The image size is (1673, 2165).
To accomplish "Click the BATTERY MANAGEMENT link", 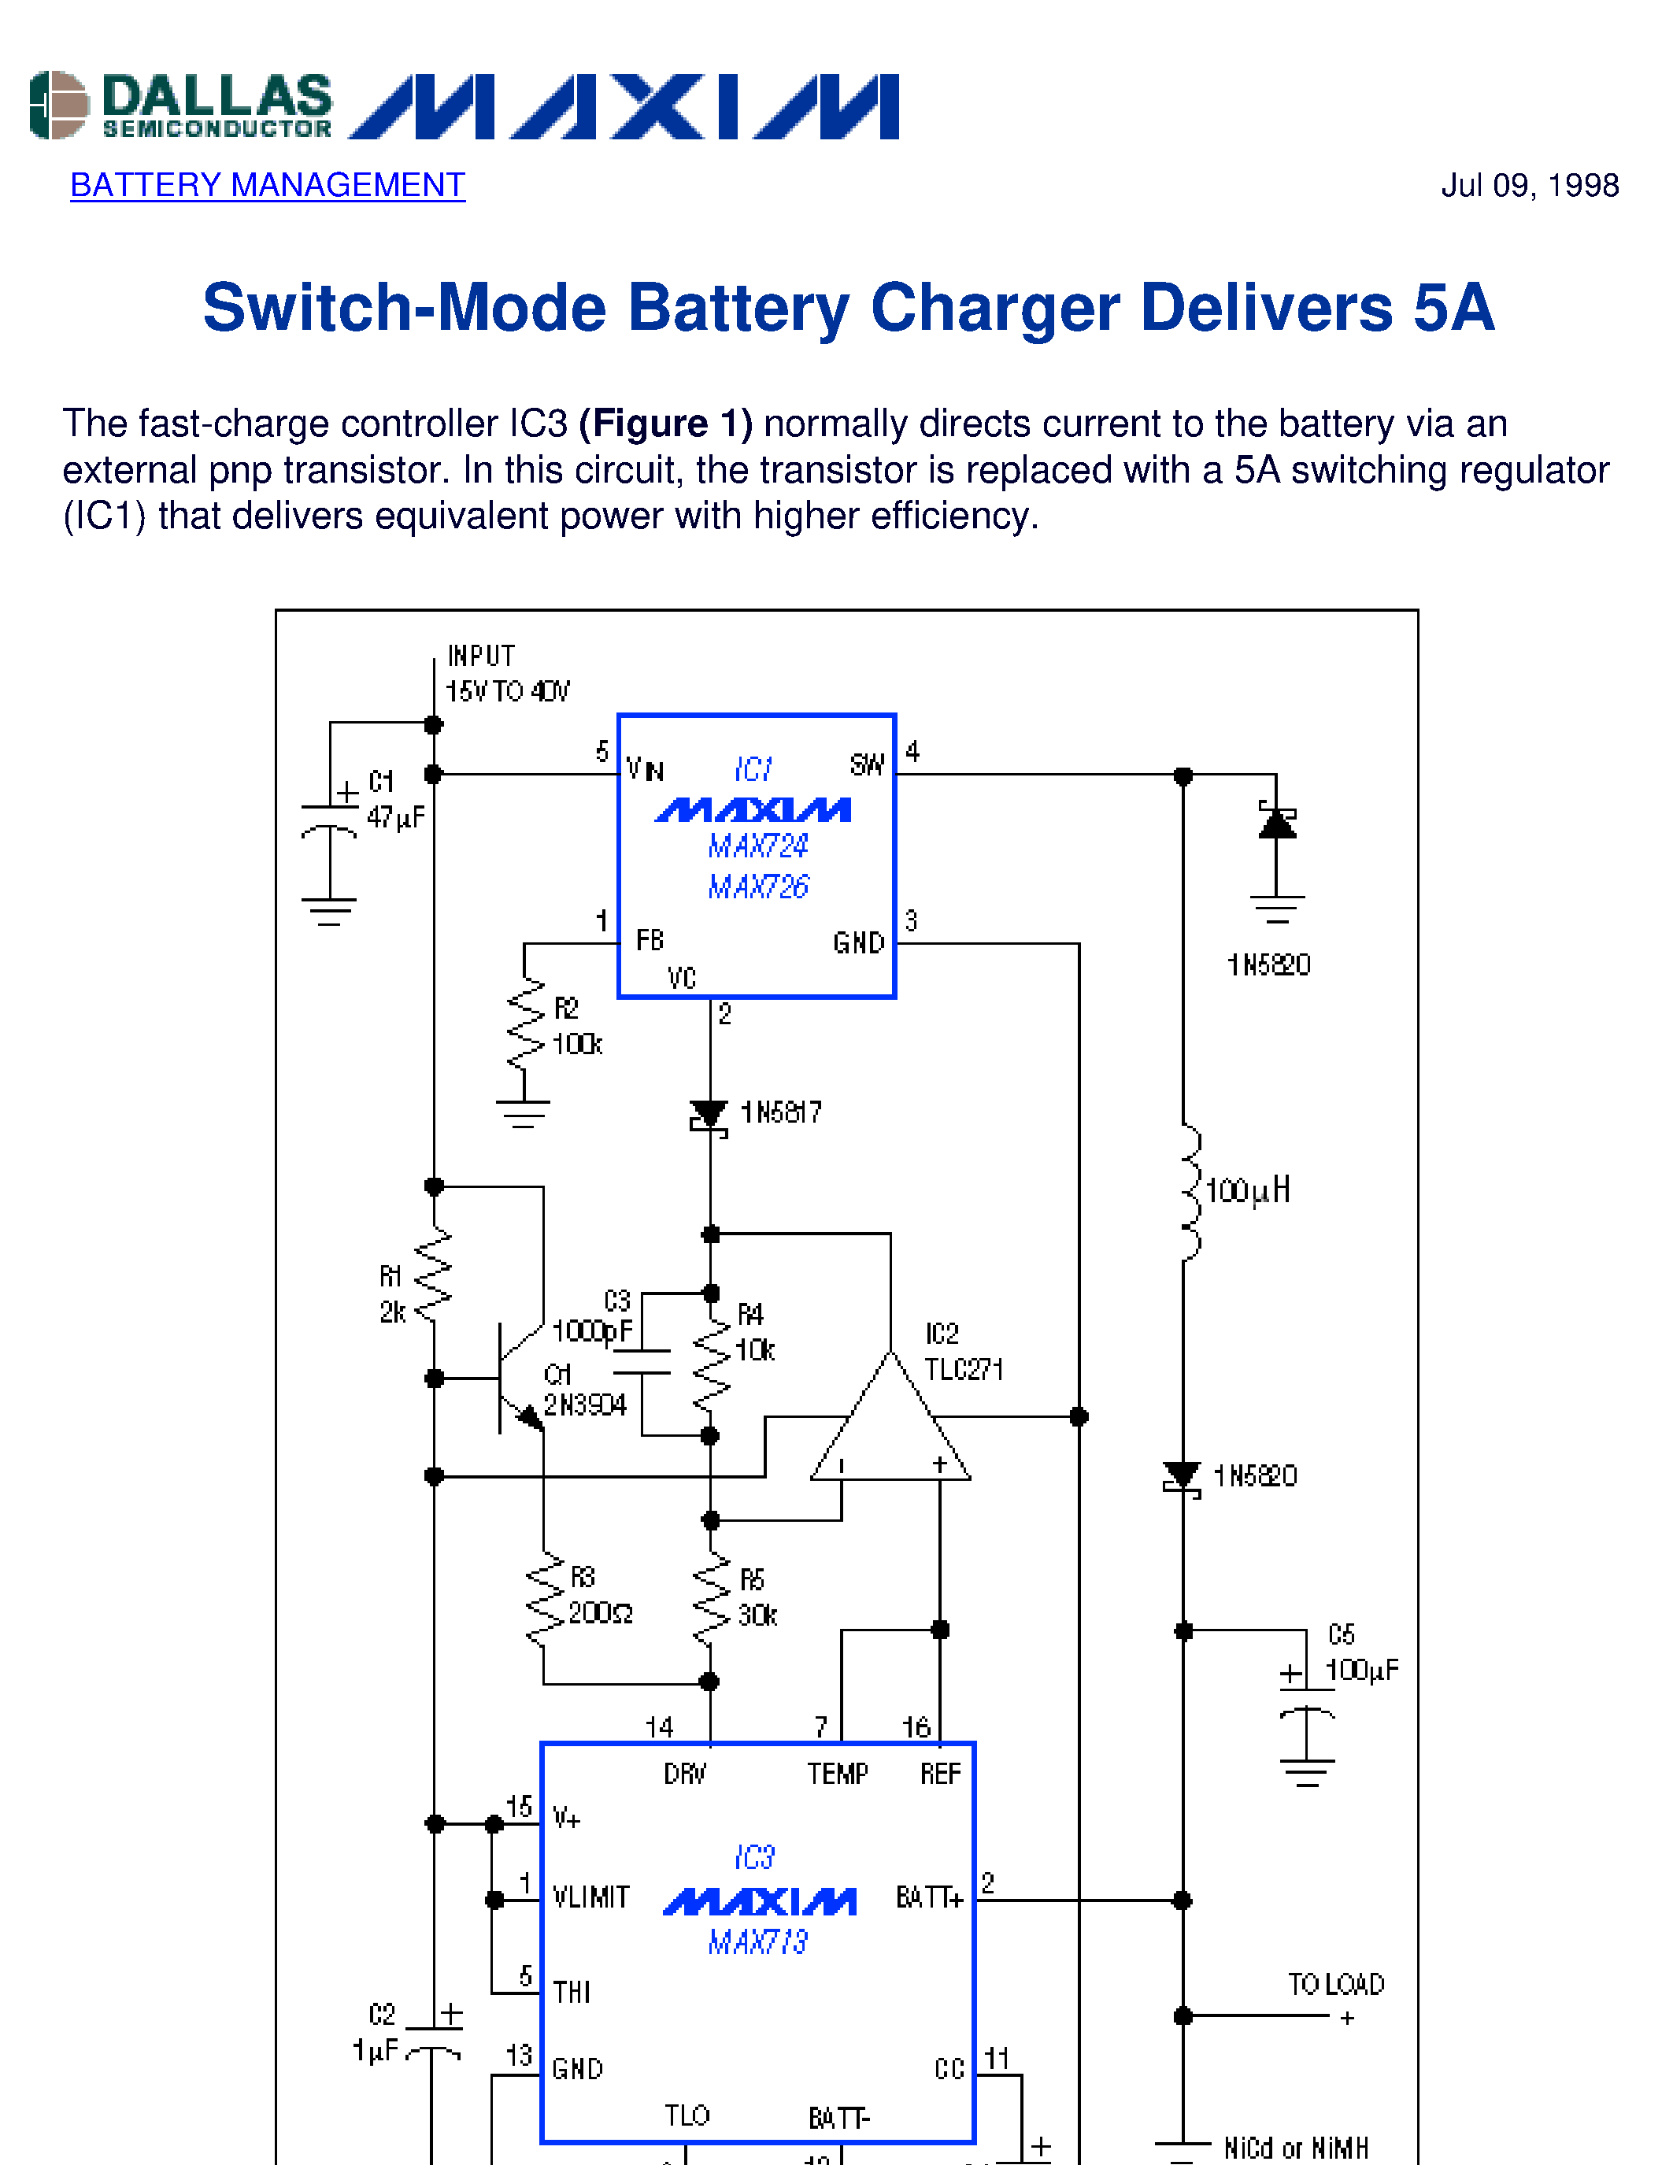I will [267, 185].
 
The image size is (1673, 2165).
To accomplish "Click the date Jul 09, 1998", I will [1528, 185].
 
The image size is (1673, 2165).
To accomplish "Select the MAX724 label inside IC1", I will [758, 846].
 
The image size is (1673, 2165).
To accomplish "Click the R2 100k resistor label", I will [576, 1027].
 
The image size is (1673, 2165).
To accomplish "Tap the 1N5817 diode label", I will [781, 1112].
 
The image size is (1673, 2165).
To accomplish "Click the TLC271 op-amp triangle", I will [890, 1427].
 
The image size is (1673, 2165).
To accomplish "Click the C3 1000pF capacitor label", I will [594, 1316].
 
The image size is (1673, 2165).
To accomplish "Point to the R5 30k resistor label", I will [757, 1597].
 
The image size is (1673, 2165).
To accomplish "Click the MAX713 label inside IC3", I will [758, 1941].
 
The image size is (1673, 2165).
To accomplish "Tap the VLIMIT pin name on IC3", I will [590, 1897].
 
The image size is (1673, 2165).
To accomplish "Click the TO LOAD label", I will [1335, 1984].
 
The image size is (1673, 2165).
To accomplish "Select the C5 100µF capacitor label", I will [1360, 1652].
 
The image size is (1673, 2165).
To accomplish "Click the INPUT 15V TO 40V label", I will [506, 673].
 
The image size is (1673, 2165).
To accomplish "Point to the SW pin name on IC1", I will [866, 764].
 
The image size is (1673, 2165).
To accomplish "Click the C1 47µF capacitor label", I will [394, 799].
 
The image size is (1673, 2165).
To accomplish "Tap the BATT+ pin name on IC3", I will [929, 1897].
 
